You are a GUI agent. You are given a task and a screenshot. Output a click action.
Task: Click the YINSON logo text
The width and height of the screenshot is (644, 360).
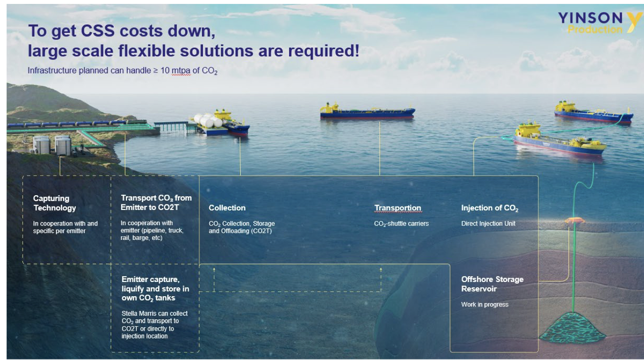click(590, 18)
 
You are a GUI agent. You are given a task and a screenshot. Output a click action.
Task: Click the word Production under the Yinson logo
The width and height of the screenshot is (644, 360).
click(595, 29)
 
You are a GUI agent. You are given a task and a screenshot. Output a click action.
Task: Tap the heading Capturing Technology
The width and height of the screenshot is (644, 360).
click(54, 203)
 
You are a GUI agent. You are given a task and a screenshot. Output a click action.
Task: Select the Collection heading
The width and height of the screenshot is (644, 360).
click(227, 208)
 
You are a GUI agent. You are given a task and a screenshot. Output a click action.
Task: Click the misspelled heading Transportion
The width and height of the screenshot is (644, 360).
click(397, 208)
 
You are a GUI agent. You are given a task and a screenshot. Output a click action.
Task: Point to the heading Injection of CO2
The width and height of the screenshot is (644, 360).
click(490, 208)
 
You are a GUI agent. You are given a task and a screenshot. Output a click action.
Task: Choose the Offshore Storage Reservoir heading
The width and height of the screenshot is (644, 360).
click(492, 284)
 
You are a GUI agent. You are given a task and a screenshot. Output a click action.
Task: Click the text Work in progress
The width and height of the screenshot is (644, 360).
click(485, 305)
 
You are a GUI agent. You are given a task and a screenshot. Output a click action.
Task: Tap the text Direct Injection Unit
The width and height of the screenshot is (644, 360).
click(488, 224)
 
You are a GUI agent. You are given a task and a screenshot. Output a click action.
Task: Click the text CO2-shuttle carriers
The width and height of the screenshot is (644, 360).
click(401, 224)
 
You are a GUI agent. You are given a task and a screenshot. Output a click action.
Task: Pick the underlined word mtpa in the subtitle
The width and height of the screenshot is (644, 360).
click(181, 71)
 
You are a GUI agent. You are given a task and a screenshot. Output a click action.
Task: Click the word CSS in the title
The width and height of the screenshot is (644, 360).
click(98, 30)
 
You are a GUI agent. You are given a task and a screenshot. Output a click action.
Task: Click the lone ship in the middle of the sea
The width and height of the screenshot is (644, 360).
click(368, 111)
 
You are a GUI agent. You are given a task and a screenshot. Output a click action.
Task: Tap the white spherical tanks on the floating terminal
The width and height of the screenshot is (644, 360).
click(208, 120)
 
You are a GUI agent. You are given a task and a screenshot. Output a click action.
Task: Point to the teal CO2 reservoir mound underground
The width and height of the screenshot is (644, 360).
click(572, 328)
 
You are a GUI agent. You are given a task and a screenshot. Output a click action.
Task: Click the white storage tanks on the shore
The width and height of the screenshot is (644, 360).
click(52, 146)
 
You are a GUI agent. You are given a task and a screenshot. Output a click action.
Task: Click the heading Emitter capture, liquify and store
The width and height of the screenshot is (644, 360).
click(155, 288)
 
